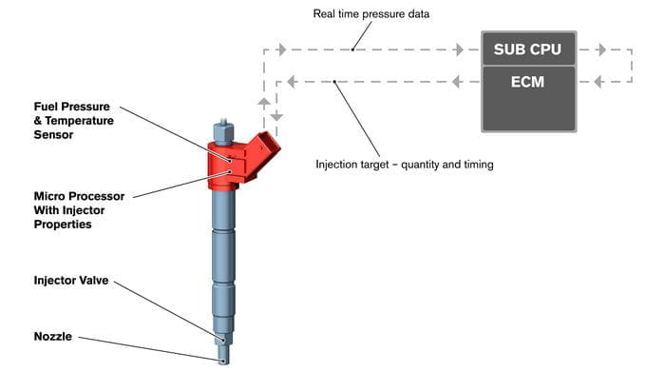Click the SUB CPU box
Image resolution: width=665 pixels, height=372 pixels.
[529, 49]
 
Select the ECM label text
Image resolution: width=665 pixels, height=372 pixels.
[527, 82]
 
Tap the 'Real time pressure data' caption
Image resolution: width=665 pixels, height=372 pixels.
[371, 14]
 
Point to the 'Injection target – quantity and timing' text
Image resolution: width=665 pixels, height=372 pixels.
[404, 165]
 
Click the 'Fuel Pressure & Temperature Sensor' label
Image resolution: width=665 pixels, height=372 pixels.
[74, 121]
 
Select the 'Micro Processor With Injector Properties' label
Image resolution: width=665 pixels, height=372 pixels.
[79, 210]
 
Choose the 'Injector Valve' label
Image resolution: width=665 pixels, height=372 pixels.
[71, 281]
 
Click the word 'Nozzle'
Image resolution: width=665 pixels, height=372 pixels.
[52, 337]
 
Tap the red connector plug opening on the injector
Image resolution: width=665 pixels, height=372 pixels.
[270, 144]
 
